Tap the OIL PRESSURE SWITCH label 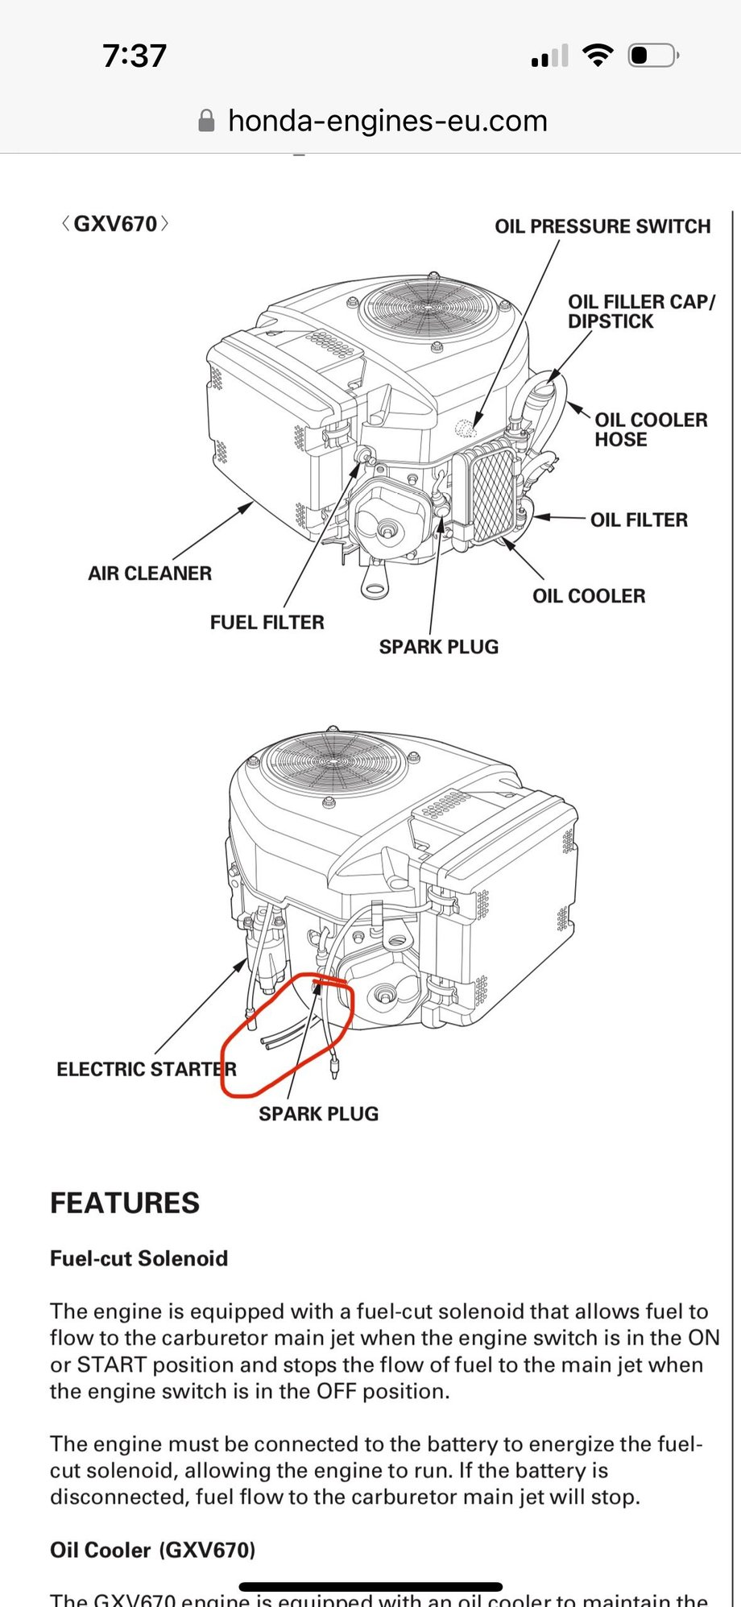pos(602,226)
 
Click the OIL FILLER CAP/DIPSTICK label pos(640,311)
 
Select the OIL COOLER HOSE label pos(651,429)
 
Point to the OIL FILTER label pos(639,520)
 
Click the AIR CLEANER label pos(150,574)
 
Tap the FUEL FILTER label pos(267,622)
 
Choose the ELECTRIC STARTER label pos(147,1069)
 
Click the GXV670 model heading pos(115,224)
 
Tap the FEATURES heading pos(125,1203)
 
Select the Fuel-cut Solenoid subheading pos(139,1258)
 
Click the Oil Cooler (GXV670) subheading pos(152,1550)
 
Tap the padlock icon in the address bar pos(206,121)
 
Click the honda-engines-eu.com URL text pos(387,121)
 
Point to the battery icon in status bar pos(653,56)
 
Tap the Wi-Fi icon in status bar pos(597,56)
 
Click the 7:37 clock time pos(135,56)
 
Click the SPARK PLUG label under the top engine pos(438,647)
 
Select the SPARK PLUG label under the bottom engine pos(318,1113)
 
